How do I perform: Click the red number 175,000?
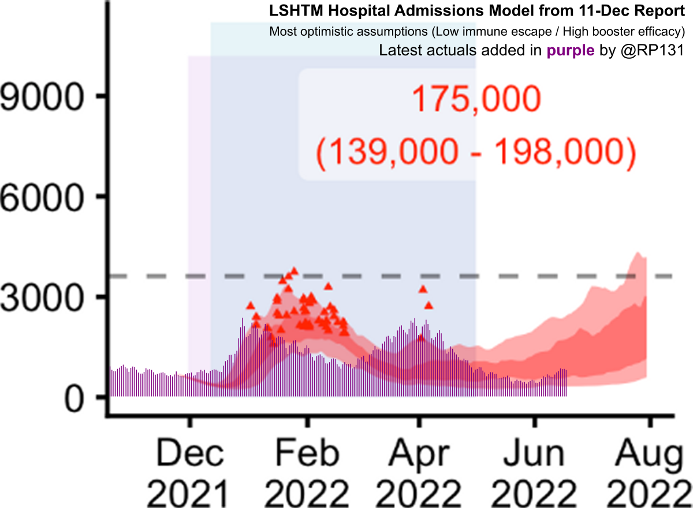click(x=476, y=100)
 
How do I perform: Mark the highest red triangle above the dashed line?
click(x=294, y=270)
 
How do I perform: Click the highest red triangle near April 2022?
click(x=423, y=289)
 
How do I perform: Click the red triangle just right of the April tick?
click(x=429, y=305)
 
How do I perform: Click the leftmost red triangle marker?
click(x=250, y=305)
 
